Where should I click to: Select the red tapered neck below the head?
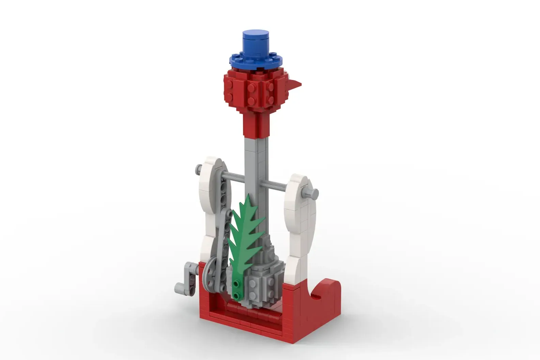point(257,124)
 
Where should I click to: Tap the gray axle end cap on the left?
point(198,169)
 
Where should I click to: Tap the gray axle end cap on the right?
point(313,194)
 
